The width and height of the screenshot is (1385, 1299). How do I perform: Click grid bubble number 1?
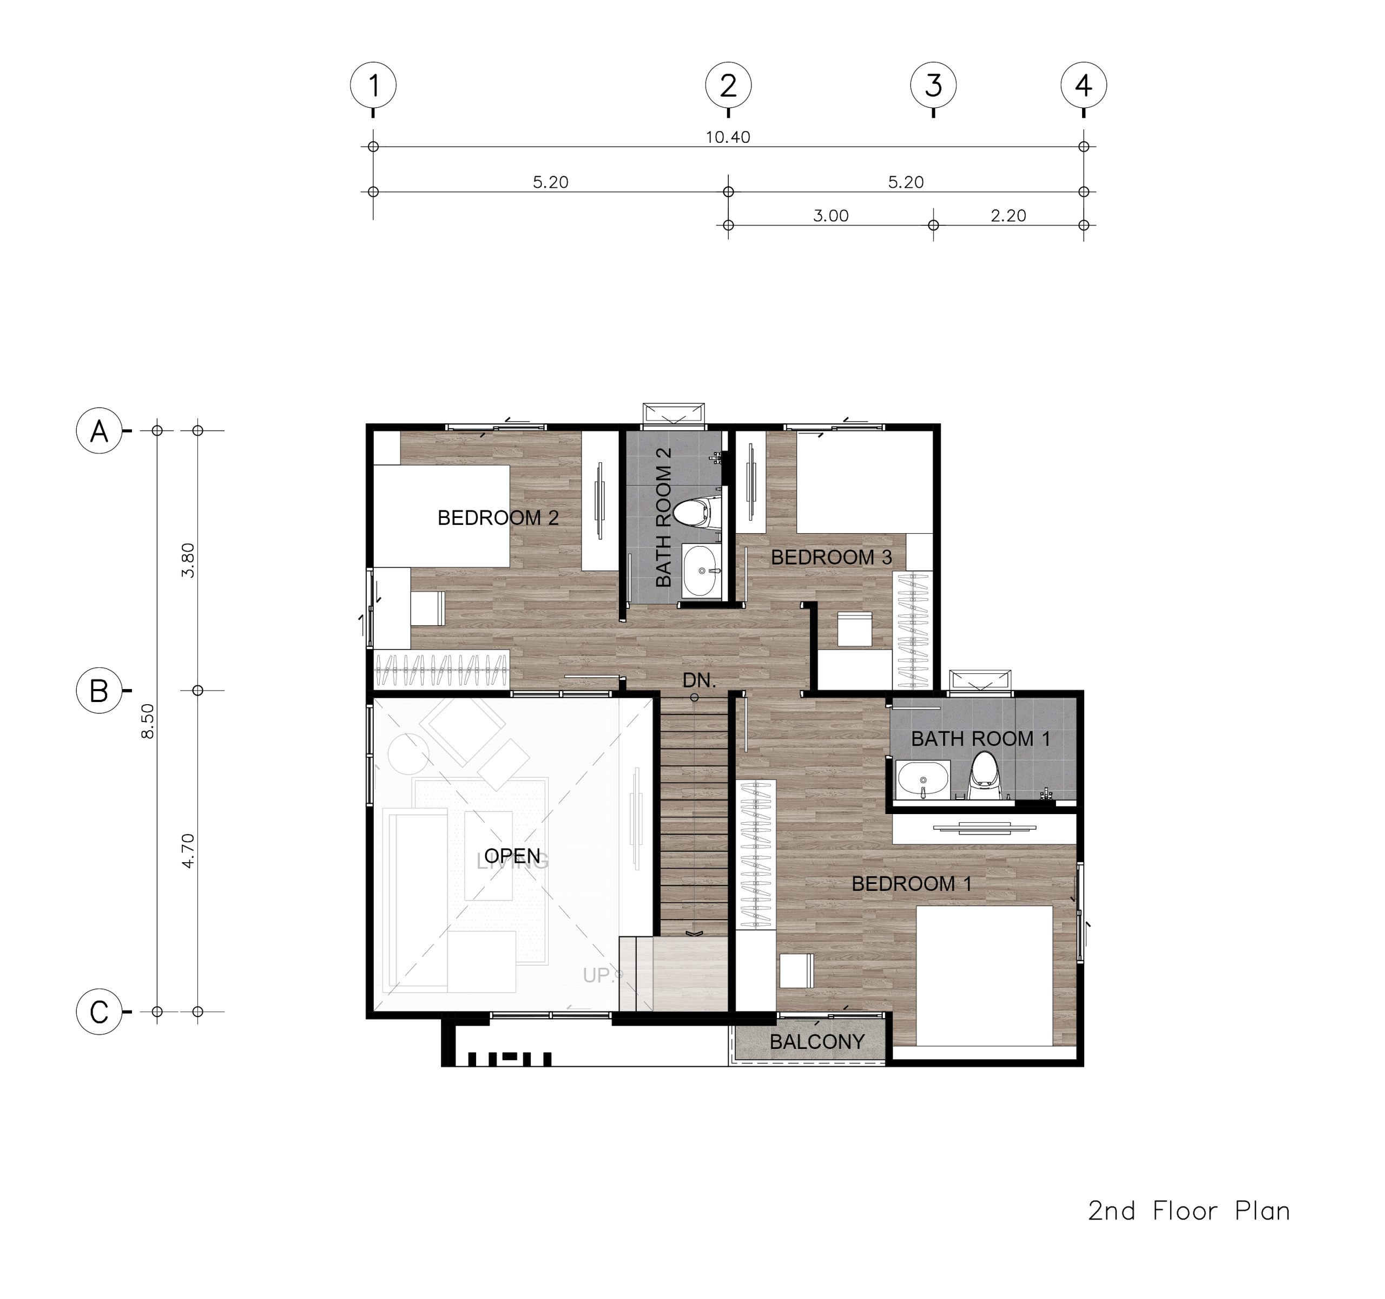(373, 85)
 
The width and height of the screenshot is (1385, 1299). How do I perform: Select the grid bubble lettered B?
(99, 690)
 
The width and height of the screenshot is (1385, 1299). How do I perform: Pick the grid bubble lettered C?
(99, 1011)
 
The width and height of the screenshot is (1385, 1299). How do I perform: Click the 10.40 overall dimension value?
(728, 137)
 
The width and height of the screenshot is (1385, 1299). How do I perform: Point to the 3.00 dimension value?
(830, 216)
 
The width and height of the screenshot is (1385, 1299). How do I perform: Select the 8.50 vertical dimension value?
(147, 721)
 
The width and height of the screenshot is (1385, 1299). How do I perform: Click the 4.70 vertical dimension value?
(187, 851)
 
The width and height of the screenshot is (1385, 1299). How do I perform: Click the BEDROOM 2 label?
(498, 518)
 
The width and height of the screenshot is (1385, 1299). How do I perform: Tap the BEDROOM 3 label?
(831, 557)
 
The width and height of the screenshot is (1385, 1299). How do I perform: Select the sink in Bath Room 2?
(702, 571)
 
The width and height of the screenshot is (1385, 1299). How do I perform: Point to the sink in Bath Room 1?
(923, 780)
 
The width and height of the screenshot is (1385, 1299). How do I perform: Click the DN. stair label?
(699, 681)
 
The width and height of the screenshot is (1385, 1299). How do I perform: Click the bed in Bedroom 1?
(984, 976)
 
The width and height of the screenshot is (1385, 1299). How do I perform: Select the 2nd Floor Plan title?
(1189, 1211)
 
